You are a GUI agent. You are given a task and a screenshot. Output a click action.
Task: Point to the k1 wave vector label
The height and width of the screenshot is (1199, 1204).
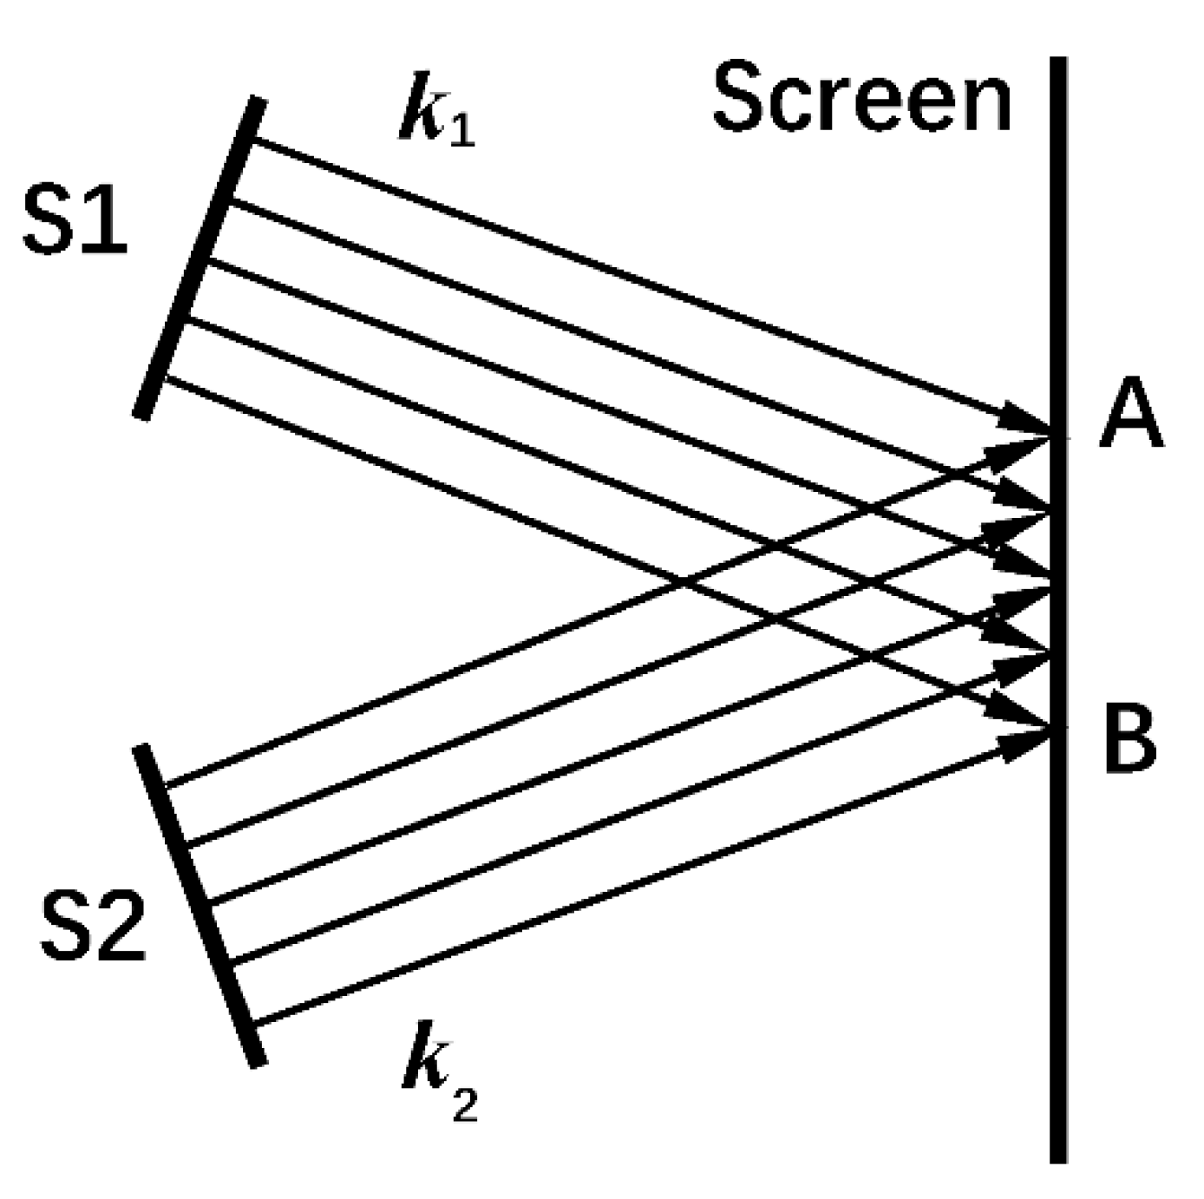[436, 117]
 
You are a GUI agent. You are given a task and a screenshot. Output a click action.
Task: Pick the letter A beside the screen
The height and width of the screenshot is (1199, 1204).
[1130, 417]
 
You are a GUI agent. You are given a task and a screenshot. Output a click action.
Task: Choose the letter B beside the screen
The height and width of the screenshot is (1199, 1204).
[1129, 740]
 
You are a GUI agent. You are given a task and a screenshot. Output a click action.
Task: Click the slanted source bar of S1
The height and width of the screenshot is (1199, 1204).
[200, 258]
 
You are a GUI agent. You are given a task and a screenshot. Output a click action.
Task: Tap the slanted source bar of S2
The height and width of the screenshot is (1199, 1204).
[198, 904]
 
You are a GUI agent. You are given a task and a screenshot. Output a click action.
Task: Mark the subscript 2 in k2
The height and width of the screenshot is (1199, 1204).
[465, 1105]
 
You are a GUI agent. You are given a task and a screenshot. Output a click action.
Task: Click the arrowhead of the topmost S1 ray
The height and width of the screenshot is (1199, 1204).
[1024, 417]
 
